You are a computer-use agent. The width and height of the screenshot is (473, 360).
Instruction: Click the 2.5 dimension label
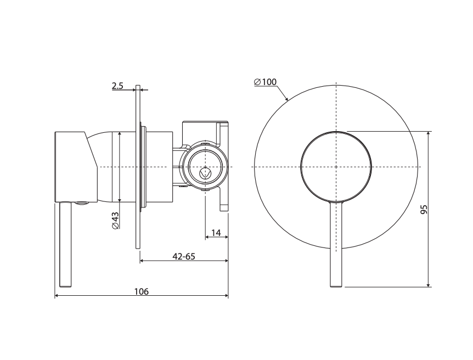(117, 86)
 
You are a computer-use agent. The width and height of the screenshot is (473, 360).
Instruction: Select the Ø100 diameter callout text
(266, 82)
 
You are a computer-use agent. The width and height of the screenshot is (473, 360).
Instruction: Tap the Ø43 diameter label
(116, 221)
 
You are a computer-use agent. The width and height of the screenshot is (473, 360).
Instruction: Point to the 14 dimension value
(216, 233)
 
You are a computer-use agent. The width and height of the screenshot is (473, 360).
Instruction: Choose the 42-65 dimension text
(184, 256)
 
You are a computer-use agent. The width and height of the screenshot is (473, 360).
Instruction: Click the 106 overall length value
(142, 291)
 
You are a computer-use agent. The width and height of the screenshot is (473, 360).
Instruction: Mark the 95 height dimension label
(424, 209)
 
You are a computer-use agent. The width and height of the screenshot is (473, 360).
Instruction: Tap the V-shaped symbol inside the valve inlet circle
(206, 173)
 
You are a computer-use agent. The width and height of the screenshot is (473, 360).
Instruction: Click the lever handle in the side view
(66, 245)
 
